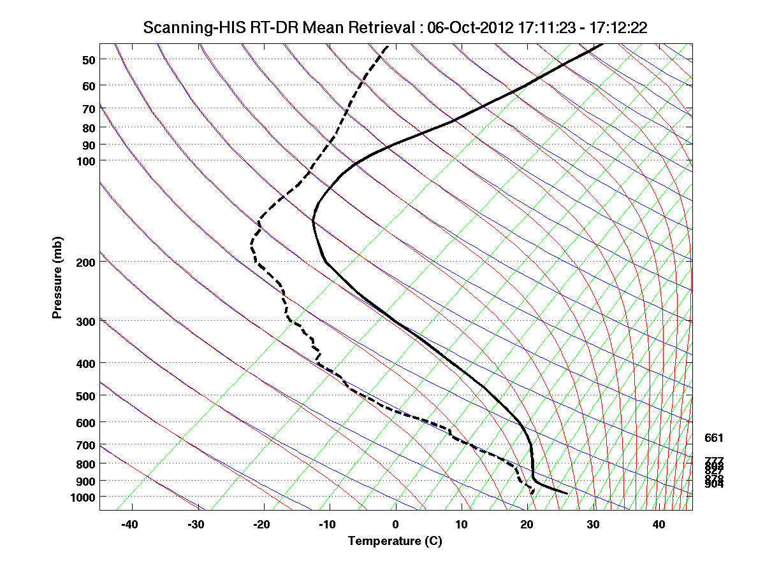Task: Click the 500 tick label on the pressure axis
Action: point(88,395)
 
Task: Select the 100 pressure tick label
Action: point(85,160)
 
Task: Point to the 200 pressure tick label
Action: point(85,262)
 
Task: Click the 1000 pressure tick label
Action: point(83,496)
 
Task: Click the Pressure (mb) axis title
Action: point(58,278)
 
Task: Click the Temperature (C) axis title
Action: point(395,541)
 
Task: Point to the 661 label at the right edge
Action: point(713,438)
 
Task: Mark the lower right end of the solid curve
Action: point(567,493)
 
